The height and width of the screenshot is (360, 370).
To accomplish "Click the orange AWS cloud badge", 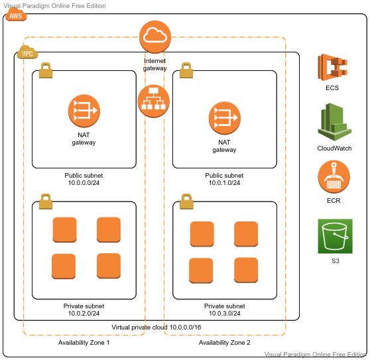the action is [x=16, y=15].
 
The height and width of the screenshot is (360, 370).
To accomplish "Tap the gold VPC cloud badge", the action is [x=28, y=52].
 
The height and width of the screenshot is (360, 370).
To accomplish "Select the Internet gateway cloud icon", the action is [x=155, y=36].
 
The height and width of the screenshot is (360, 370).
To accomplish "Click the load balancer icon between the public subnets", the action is [x=153, y=101].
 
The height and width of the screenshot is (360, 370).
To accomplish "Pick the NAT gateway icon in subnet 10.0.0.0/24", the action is [x=84, y=111].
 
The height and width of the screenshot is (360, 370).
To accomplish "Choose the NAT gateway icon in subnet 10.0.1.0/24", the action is [x=225, y=118].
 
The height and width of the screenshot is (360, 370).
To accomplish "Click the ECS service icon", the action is [x=333, y=67].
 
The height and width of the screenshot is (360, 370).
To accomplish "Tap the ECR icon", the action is [x=334, y=177].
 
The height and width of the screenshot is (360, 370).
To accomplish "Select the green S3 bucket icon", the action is [x=335, y=236].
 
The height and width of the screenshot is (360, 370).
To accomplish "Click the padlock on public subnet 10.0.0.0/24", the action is [x=46, y=70].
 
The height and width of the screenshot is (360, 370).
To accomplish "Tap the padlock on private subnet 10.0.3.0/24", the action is [x=186, y=202].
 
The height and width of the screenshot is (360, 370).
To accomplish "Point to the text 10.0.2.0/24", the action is [x=84, y=314].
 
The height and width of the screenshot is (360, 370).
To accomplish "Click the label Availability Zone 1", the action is [x=84, y=343].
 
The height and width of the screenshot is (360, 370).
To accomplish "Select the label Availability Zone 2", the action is [x=224, y=343].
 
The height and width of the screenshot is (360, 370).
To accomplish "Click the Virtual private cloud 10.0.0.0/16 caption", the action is [x=156, y=328].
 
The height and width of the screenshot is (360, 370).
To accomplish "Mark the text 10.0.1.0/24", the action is [x=224, y=183].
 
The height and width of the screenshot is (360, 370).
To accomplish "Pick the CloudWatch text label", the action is [x=334, y=148].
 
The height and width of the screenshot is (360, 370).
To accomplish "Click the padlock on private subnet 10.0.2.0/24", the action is [x=46, y=202].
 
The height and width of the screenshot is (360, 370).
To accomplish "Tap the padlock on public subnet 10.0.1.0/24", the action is [x=186, y=70].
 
